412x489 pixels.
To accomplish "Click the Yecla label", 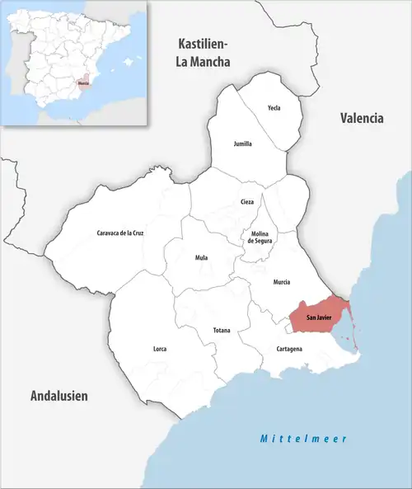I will [x=274, y=108].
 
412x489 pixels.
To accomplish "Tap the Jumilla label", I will [x=243, y=143].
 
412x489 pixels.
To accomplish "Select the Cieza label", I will [x=247, y=202].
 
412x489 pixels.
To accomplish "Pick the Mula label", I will [x=201, y=257].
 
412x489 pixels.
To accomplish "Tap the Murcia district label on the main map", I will [x=281, y=282].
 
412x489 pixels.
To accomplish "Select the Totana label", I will [x=222, y=331].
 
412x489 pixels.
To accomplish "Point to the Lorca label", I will [x=160, y=349].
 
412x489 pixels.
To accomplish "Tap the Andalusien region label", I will [x=59, y=396].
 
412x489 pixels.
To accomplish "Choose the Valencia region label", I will [x=362, y=118].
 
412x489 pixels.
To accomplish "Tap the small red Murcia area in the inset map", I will [x=82, y=82].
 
